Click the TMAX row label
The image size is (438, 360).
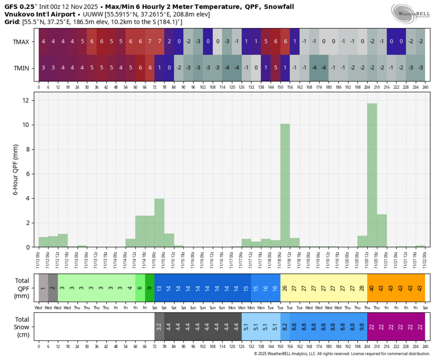21,42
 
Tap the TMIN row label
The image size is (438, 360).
22,68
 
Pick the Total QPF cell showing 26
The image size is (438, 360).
285,288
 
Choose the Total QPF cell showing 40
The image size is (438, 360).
372,288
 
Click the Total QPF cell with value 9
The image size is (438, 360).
149,288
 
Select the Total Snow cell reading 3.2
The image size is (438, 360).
159,327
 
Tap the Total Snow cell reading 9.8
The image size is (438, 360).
362,327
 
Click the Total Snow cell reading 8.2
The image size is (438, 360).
285,327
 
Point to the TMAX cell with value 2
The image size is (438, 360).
169,41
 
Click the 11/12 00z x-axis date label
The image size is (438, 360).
39,257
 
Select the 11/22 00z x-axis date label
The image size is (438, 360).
425,257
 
